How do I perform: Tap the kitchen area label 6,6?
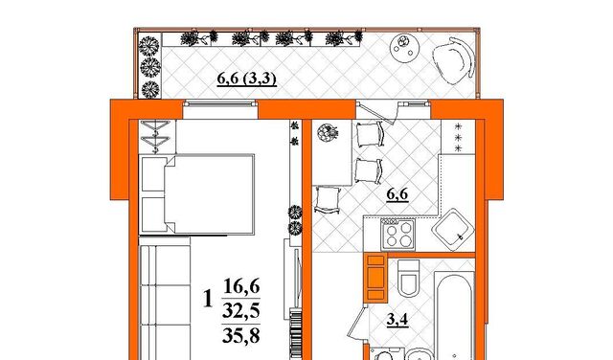[397, 193]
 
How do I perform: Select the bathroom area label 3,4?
[397, 320]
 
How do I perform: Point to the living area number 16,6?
[241, 286]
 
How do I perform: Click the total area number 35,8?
[241, 335]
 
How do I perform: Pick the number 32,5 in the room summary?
[241, 311]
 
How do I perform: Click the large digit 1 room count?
[209, 298]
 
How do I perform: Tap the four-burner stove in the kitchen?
[398, 234]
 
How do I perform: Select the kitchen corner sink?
[453, 230]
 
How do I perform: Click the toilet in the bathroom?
[409, 278]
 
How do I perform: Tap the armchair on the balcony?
[454, 60]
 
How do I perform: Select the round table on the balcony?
[404, 47]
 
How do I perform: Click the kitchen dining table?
[332, 152]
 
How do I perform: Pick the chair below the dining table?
[327, 199]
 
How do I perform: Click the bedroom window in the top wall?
[220, 103]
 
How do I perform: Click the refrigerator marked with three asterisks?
[458, 137]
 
